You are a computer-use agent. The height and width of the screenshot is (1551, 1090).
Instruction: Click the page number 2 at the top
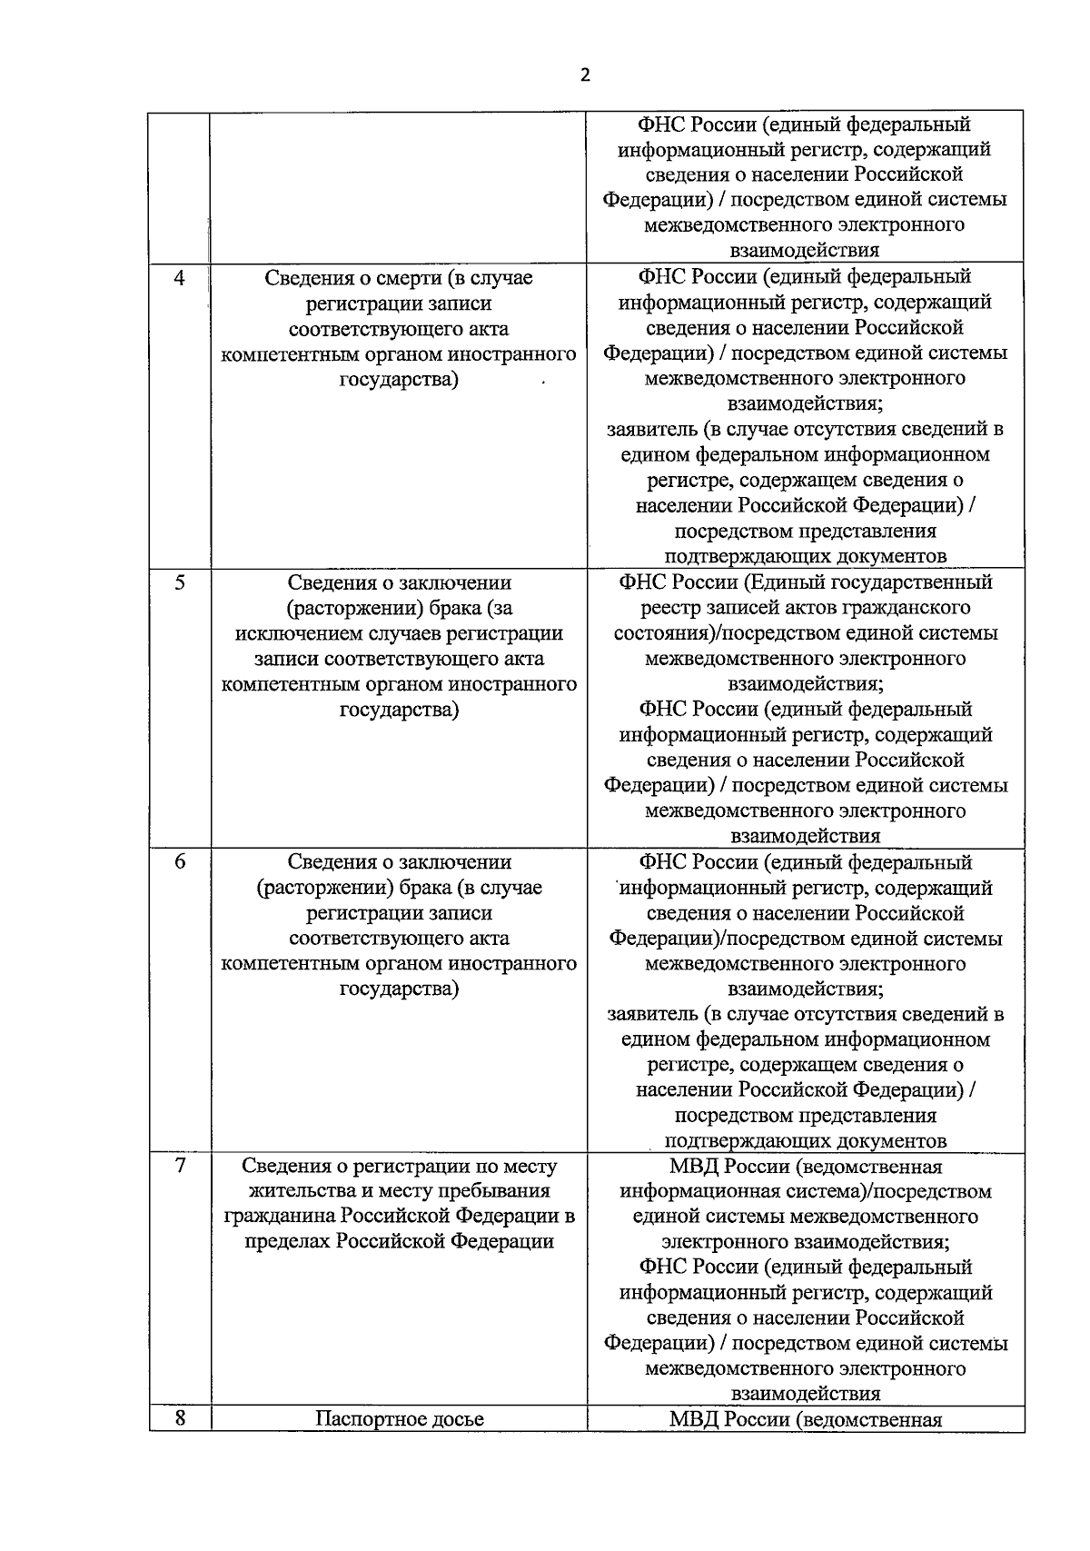click(584, 75)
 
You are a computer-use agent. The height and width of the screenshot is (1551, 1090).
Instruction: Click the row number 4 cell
click(179, 278)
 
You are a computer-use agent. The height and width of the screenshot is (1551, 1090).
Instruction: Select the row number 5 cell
click(179, 582)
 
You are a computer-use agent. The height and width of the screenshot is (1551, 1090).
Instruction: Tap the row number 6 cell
click(179, 861)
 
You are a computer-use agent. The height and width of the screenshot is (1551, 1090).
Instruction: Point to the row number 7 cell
click(179, 1166)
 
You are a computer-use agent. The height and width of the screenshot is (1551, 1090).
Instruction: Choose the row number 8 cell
click(179, 1417)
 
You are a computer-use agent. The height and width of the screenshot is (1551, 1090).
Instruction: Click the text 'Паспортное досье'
click(399, 1418)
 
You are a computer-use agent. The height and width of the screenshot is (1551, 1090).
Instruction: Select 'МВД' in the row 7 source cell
click(693, 1166)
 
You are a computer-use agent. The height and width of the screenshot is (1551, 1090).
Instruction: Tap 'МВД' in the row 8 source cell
click(693, 1418)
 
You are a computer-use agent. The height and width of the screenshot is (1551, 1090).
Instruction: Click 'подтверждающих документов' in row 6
click(805, 1140)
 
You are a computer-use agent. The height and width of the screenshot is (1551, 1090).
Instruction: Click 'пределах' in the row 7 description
click(286, 1241)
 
